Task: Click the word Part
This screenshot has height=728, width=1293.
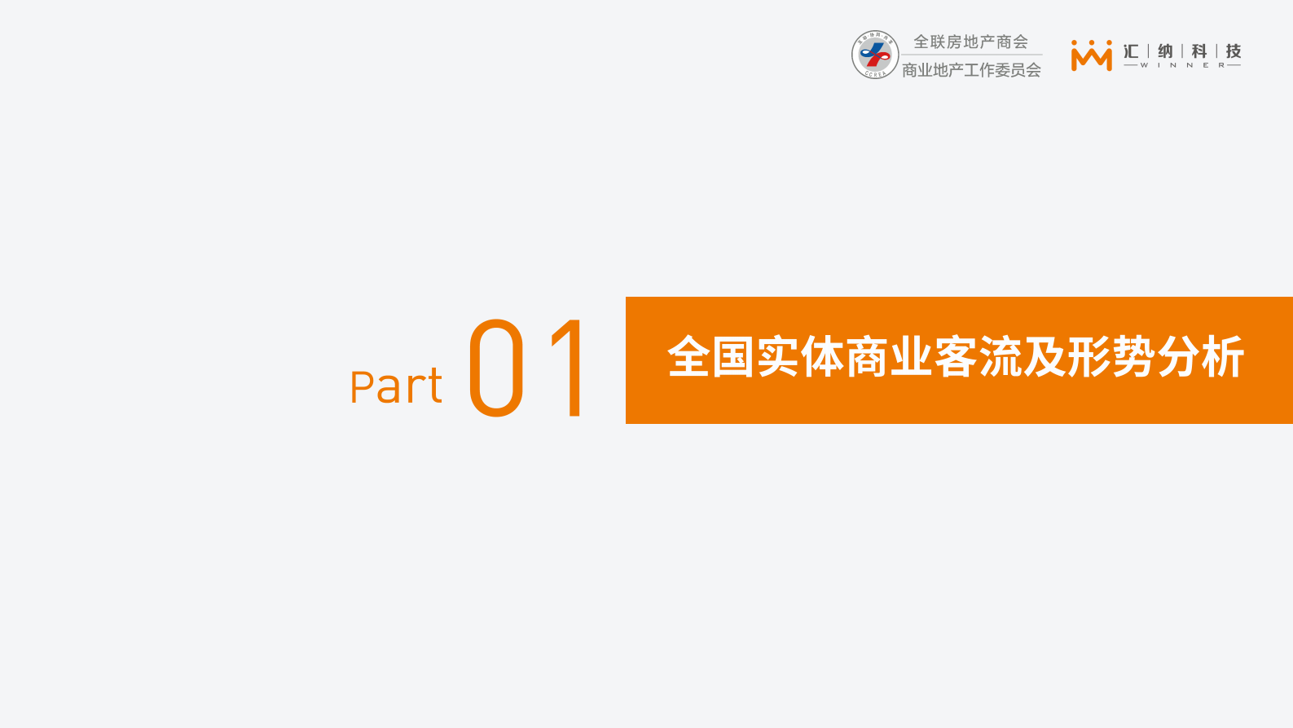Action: tap(396, 386)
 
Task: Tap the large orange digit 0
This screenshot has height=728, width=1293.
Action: tap(495, 368)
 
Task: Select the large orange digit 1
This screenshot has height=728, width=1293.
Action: tap(570, 368)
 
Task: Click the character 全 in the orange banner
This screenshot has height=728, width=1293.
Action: tap(689, 357)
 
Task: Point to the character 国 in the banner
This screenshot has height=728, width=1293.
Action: tap(733, 357)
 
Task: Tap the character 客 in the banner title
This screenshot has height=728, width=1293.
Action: tap(956, 357)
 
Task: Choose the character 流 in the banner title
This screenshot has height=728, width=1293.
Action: tap(1001, 357)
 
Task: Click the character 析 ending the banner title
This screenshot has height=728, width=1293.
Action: tap(1223, 357)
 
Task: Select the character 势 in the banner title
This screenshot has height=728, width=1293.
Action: tap(1133, 357)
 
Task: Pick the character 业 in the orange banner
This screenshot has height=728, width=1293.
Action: tap(912, 357)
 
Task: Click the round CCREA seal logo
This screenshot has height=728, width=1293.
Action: tap(875, 55)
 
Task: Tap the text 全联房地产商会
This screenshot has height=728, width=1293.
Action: tap(970, 42)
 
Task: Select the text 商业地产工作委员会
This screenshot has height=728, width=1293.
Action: tap(971, 70)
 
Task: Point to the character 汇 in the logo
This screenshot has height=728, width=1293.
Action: tap(1131, 51)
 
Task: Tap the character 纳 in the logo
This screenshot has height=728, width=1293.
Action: tap(1165, 51)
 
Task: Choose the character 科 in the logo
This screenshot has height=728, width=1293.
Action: tap(1199, 51)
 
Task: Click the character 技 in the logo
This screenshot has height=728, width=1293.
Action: tap(1234, 51)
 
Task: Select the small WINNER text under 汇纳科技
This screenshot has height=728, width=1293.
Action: tap(1182, 65)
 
